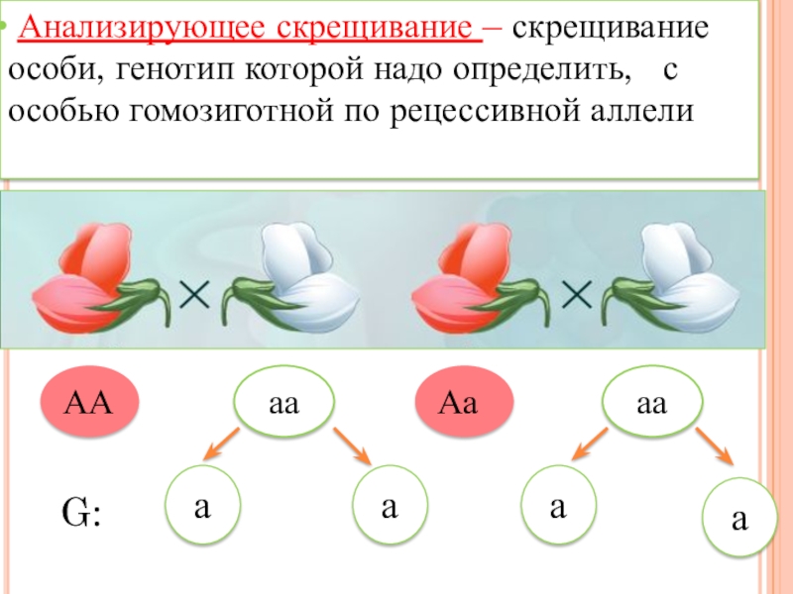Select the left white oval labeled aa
284,404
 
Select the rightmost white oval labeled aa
651,404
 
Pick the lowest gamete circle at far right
738,521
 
